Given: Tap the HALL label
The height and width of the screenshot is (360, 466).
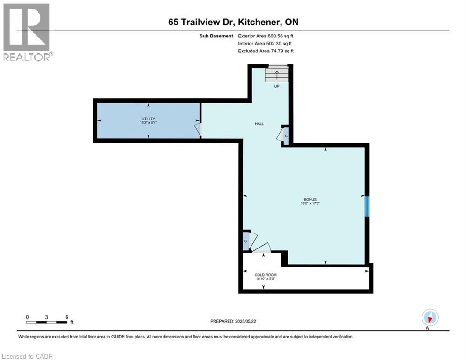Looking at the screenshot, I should tap(259, 124).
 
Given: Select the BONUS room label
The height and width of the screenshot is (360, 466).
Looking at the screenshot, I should tap(310, 199).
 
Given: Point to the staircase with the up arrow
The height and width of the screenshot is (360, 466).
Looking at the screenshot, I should tap(276, 75).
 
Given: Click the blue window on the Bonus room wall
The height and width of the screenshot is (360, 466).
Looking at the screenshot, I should tap(367, 206).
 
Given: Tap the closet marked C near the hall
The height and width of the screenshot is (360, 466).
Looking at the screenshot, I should tap(286, 136).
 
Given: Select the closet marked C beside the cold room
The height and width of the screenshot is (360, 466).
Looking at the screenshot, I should tap(245, 241).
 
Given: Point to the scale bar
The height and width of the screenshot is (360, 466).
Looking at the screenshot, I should tap(47, 322).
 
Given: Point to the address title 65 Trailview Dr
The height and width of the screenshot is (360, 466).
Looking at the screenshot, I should tap(233, 22).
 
